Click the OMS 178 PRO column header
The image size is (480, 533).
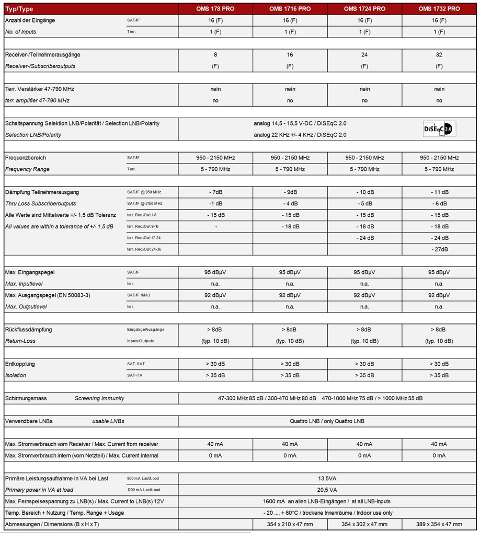tap(215, 9)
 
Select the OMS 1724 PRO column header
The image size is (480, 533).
tap(364, 9)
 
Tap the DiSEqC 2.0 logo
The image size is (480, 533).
tap(439, 129)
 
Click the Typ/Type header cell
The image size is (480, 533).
tap(19, 9)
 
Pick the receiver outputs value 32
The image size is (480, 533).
tap(439, 54)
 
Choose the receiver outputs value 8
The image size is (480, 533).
tap(215, 54)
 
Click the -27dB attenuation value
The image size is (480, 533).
tap(439, 249)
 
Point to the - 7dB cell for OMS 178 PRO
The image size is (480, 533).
tap(215, 192)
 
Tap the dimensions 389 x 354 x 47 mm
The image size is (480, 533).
tap(439, 524)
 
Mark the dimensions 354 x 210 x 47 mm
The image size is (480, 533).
tap(290, 524)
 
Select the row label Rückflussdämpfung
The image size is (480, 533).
tap(28, 329)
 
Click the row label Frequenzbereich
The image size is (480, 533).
tap(25, 157)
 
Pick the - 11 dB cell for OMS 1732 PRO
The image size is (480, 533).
tap(439, 192)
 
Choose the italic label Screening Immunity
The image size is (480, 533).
tap(99, 398)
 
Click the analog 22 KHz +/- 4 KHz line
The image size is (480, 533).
tap(300, 135)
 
